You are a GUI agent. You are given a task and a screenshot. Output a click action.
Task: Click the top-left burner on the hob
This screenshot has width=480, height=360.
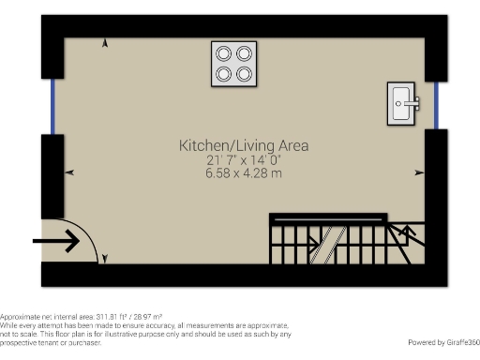(224, 53)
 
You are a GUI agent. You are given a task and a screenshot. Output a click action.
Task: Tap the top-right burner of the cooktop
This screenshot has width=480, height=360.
(244, 53)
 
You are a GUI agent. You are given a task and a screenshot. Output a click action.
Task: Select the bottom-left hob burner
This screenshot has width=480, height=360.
(224, 73)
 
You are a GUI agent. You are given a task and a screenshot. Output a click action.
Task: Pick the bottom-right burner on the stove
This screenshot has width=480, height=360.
(244, 73)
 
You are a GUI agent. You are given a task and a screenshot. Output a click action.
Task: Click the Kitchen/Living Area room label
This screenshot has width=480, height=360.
(244, 146)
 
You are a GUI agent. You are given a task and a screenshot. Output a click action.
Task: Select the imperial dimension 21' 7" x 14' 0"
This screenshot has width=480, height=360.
(244, 161)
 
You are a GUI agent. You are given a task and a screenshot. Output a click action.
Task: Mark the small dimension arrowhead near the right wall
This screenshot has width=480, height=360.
(419, 172)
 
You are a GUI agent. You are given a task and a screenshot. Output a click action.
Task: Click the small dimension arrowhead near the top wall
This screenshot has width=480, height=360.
(104, 42)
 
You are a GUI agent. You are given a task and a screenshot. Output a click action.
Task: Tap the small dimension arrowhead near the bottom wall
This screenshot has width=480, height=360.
(104, 258)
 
